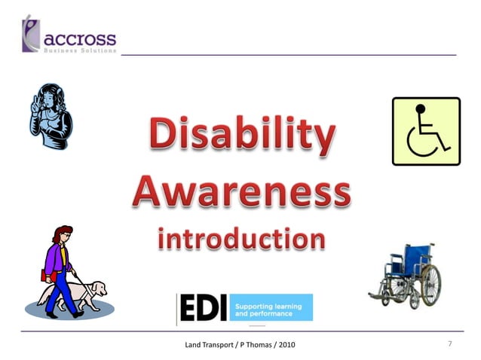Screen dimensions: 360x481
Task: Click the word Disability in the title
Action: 240,137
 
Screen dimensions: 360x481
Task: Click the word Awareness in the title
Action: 240,192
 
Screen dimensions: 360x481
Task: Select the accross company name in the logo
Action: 81,37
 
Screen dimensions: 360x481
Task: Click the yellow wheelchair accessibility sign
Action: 425,131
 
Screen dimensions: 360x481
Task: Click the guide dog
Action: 86,294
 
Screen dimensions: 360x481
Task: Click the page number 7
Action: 449,344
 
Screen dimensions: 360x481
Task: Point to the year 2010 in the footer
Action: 285,345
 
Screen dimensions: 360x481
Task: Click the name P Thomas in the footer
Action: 253,345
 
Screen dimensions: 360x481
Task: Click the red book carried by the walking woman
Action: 44,276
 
